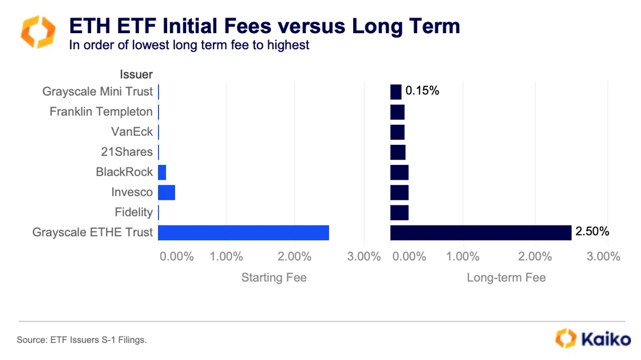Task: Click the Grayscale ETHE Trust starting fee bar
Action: [x=243, y=232]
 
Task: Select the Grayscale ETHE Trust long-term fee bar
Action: [x=481, y=232]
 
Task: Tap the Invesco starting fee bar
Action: [x=167, y=192]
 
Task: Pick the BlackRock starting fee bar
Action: [x=162, y=172]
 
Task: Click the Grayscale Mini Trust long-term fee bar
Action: [x=396, y=92]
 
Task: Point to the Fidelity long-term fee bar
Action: [x=399, y=212]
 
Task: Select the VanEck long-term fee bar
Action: [x=397, y=132]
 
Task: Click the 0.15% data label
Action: [x=422, y=90]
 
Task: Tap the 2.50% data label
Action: [x=592, y=232]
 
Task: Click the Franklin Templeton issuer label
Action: [x=101, y=112]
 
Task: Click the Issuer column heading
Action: [x=136, y=74]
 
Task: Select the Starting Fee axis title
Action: [x=274, y=278]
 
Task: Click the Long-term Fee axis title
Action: [x=506, y=278]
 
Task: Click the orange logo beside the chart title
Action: [x=38, y=32]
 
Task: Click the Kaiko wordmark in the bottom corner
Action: [x=606, y=338]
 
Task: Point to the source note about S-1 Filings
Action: [x=82, y=340]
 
